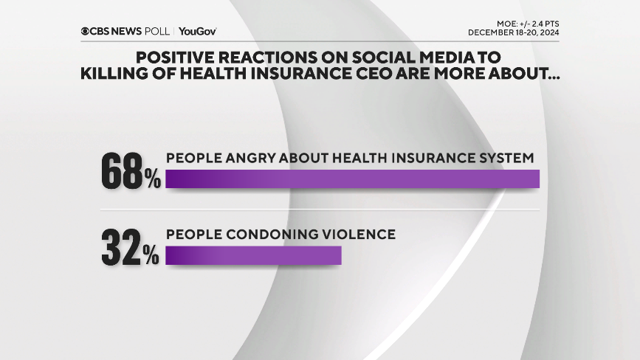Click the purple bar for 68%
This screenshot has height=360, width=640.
(x=353, y=179)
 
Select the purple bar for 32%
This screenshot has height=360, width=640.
(x=253, y=255)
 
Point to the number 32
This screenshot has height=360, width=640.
(x=122, y=247)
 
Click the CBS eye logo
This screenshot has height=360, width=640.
(x=86, y=32)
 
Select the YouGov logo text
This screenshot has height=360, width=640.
(x=197, y=32)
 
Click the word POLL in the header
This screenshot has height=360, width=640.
(x=158, y=32)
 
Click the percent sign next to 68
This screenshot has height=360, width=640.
(x=153, y=179)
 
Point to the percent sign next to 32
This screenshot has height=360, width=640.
(x=151, y=255)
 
